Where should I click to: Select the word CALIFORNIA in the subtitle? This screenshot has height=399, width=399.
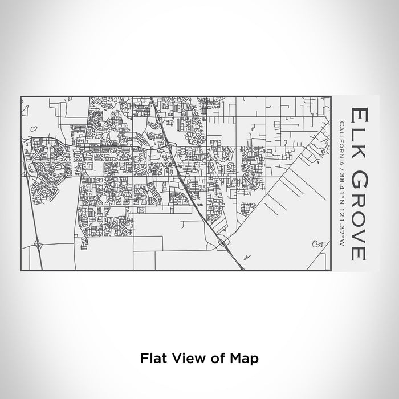click(341, 142)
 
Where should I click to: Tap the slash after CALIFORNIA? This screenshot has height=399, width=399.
click(341, 166)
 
